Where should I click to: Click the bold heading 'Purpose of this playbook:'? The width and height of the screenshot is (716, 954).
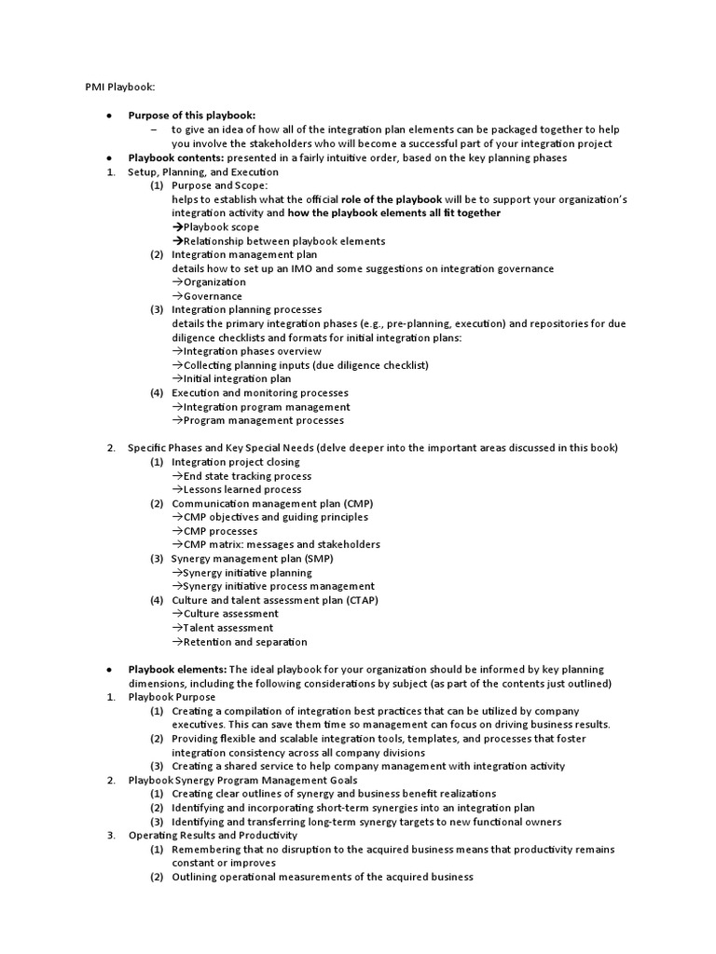click(x=191, y=115)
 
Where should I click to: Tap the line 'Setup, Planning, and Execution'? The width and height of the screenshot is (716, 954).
click(x=203, y=171)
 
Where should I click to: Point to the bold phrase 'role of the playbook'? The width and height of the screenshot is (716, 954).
click(x=392, y=199)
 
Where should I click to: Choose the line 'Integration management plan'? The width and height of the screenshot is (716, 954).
click(x=244, y=254)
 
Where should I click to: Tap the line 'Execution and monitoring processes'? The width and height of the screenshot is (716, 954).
click(x=260, y=392)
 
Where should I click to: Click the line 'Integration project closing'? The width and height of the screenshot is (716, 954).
click(x=236, y=461)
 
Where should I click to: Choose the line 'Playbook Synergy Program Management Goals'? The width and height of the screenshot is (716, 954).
click(x=242, y=780)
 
